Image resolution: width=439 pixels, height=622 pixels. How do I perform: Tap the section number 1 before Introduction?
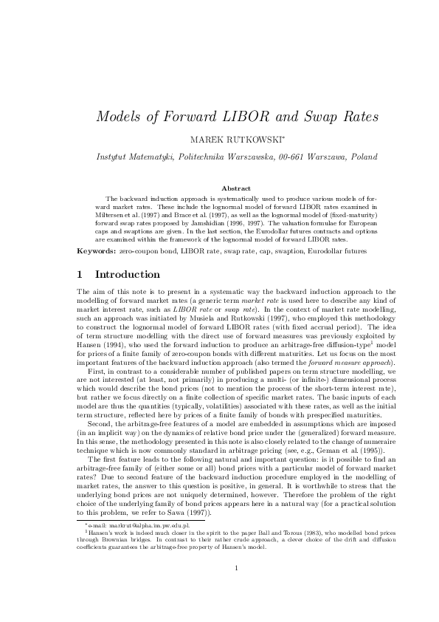(80, 274)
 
